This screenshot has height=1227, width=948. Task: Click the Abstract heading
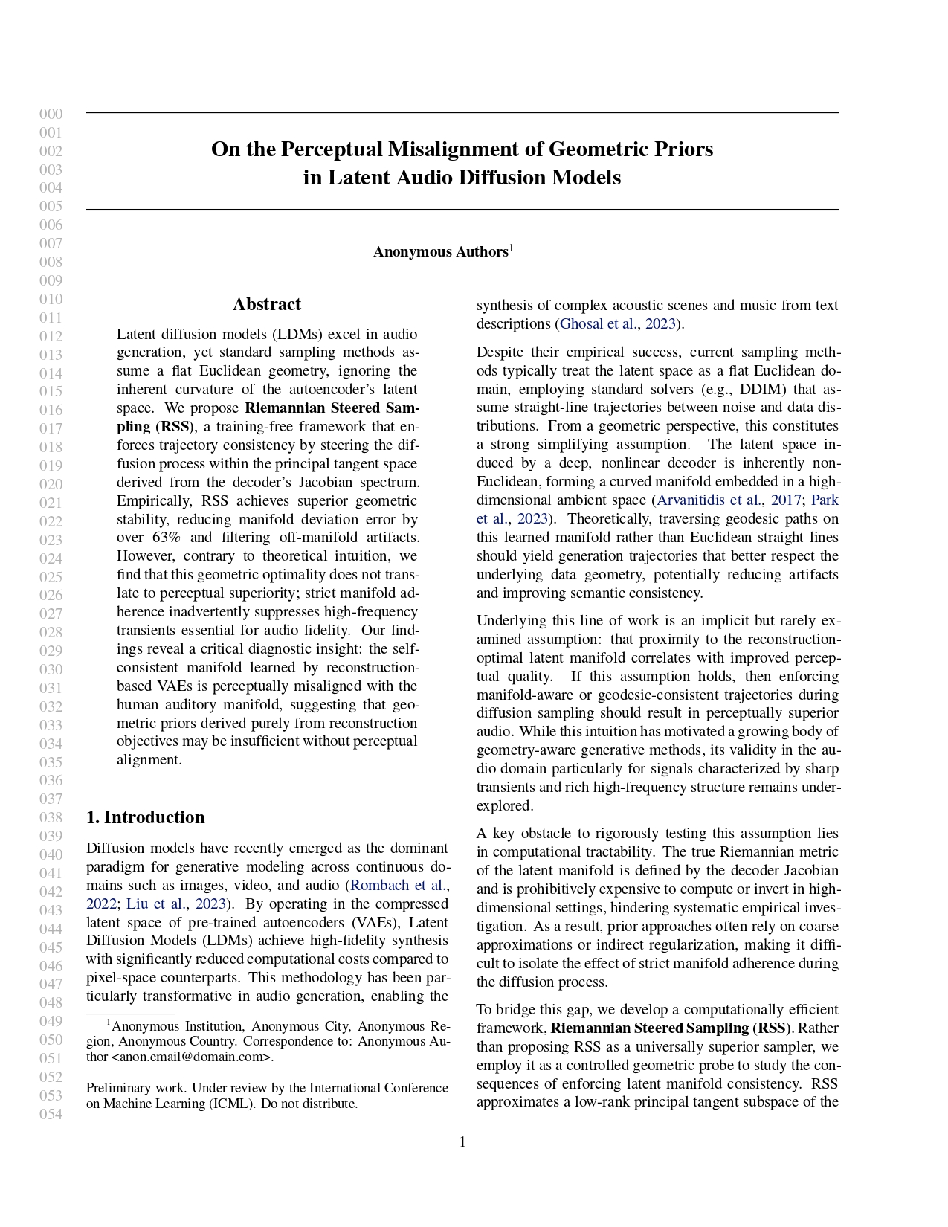tap(267, 304)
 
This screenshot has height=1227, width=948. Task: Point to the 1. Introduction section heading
tap(146, 817)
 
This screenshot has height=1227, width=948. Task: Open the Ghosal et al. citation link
tap(598, 323)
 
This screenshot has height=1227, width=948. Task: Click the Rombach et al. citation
tap(398, 885)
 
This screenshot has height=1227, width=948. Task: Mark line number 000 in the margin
tap(51, 115)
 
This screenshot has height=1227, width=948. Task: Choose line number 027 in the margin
tap(51, 614)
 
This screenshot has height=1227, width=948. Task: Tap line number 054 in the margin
tap(51, 1114)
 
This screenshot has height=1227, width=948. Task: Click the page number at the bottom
tap(462, 1142)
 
